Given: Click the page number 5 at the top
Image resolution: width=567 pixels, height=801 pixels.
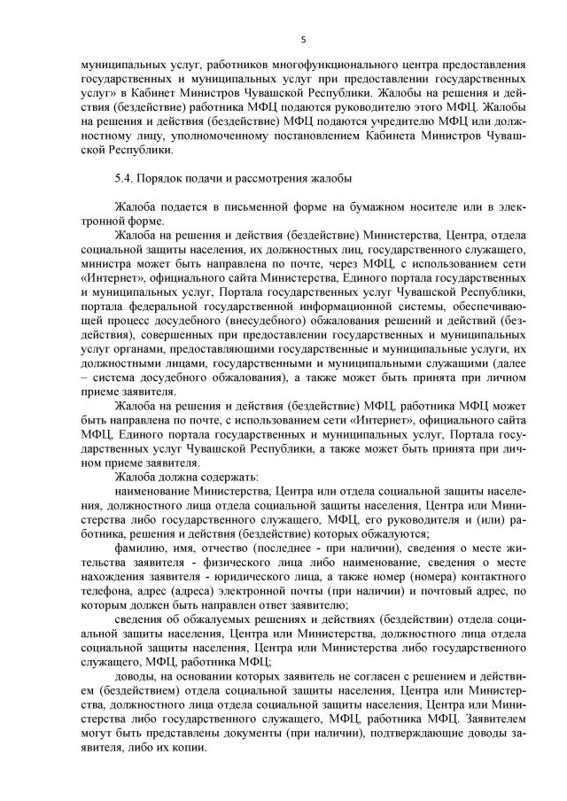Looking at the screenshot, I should point(303,40).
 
